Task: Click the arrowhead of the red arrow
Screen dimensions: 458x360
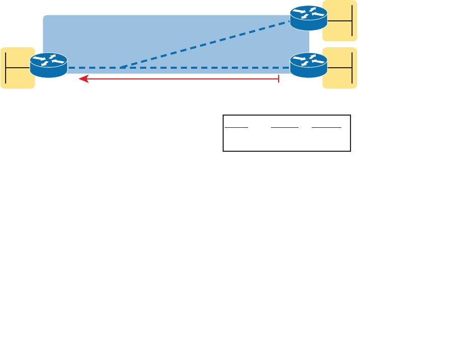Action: pos(82,79)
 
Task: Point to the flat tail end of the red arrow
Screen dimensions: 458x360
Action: pos(279,79)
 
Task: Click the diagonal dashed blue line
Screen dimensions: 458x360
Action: pos(204,45)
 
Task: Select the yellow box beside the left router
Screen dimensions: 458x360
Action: pos(17,68)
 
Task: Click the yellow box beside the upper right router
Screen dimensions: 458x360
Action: pos(340,20)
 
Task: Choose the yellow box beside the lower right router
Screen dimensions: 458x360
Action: pos(340,68)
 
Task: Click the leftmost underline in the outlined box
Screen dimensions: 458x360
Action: pos(236,126)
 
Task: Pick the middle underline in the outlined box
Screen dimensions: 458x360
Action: pos(284,126)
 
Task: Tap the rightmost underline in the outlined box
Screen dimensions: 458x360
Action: pos(327,126)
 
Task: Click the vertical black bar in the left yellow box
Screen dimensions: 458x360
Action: pos(7,68)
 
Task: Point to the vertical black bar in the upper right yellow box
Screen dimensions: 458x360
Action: pos(352,20)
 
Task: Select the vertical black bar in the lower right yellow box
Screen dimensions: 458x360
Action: pos(352,68)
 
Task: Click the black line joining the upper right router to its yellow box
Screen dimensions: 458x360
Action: pos(338,20)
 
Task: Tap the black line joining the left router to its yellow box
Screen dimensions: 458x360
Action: pos(18,67)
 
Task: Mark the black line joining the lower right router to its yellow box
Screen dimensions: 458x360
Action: pos(338,67)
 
